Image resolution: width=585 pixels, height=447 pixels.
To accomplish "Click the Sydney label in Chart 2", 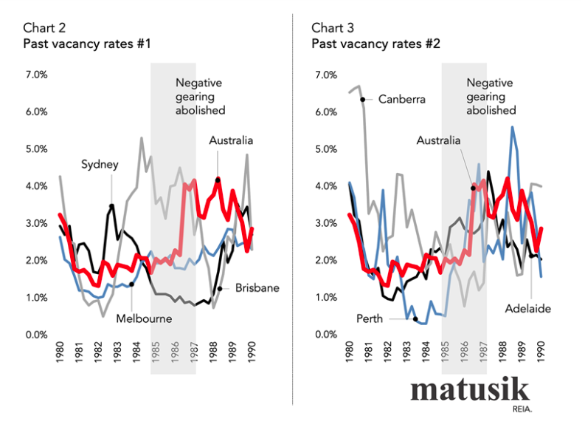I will [100, 165].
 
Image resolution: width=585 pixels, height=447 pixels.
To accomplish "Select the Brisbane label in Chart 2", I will [257, 288].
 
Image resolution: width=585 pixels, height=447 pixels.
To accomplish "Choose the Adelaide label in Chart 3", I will [529, 307].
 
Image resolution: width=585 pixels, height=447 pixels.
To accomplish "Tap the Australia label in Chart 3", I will [438, 140].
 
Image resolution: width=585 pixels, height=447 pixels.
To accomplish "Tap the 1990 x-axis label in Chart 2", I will [252, 355].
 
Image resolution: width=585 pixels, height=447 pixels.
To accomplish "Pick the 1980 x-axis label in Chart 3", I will [348, 355].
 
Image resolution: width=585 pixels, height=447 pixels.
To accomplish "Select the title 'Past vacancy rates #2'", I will [375, 44].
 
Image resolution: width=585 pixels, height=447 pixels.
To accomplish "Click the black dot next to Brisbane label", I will [220, 288].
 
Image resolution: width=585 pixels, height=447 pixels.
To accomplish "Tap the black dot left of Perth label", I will [415, 319].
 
